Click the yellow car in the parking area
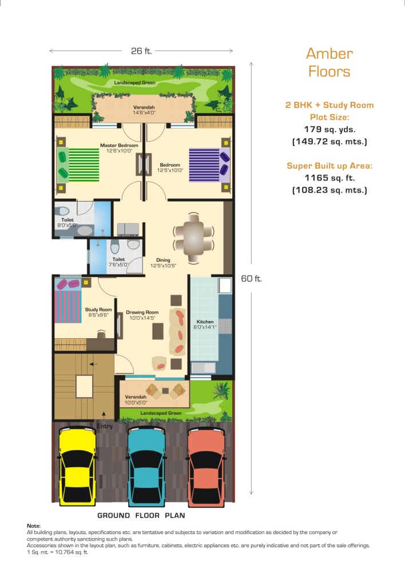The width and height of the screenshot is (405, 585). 77,466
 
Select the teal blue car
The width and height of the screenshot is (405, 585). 146,466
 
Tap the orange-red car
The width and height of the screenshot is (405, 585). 207,467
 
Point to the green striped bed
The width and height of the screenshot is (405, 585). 78,165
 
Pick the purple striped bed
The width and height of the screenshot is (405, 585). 209,165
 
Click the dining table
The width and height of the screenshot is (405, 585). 193,238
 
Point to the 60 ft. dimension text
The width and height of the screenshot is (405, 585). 252,279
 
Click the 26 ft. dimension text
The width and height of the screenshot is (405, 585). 142,51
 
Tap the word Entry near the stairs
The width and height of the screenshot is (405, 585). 105,426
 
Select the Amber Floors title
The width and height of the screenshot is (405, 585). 329,62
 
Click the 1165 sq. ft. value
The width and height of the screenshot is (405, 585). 329,178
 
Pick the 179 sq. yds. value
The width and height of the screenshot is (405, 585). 329,130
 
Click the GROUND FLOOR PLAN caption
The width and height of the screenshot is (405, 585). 141,516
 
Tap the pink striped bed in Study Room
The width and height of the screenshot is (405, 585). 68,300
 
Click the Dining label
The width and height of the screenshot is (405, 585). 163,260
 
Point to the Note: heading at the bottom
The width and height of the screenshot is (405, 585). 34,526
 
